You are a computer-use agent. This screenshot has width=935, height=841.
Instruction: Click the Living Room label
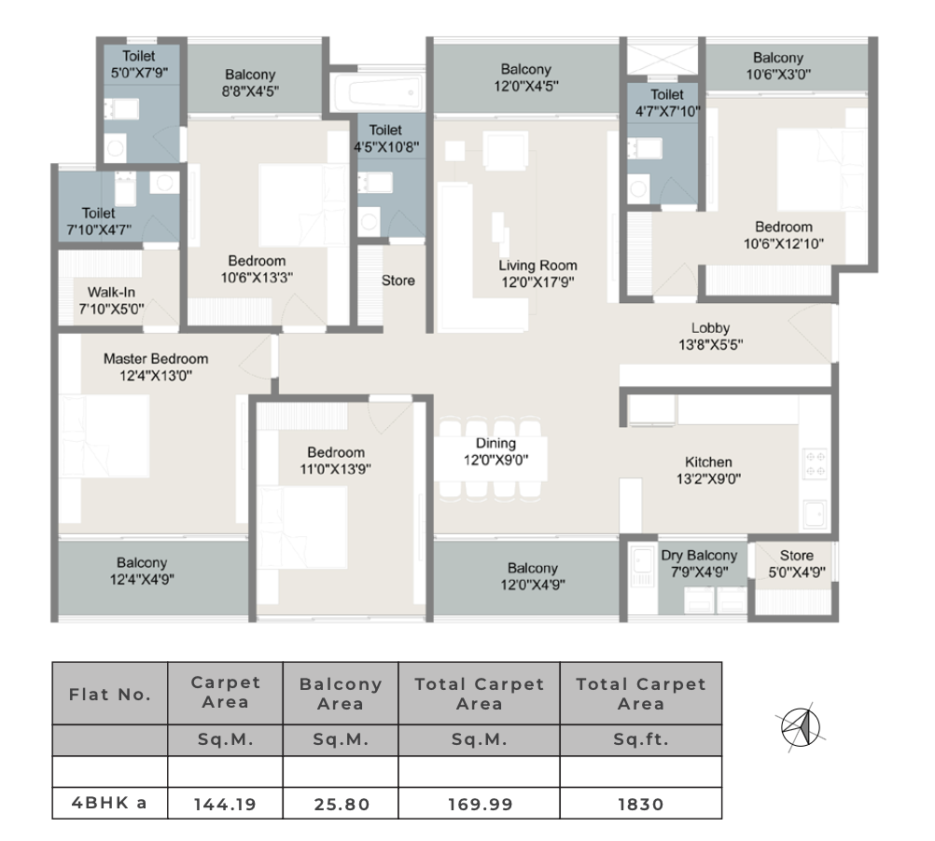(537, 266)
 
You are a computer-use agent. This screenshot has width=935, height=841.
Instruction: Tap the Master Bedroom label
(156, 359)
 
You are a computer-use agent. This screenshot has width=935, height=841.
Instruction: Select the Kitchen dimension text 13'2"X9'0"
(708, 478)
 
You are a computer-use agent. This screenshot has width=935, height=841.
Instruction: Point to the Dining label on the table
(495, 443)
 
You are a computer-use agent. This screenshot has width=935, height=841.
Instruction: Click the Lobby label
(710, 328)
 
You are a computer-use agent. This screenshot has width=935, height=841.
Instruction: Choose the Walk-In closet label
(111, 293)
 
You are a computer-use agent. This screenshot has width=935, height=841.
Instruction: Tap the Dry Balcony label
(699, 555)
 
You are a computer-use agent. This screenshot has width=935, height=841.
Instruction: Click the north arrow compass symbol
(801, 727)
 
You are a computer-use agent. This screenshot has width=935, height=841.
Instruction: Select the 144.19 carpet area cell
(225, 804)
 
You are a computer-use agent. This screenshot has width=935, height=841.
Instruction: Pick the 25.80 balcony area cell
(341, 804)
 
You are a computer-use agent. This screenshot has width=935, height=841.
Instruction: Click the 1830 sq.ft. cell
(641, 804)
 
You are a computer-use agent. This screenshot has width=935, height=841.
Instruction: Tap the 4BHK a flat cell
(110, 803)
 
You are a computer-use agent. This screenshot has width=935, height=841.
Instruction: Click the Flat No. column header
(110, 694)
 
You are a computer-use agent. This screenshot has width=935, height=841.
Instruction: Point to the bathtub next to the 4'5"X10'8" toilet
(378, 93)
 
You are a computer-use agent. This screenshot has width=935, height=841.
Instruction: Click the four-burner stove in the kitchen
(816, 464)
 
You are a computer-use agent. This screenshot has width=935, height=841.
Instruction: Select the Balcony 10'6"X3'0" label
(778, 66)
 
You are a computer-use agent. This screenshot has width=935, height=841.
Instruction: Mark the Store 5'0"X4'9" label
(797, 564)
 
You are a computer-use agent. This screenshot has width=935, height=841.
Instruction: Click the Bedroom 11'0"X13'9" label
(336, 461)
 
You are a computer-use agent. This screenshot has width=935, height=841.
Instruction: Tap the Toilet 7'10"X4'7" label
(98, 222)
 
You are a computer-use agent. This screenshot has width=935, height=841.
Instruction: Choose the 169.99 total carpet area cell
(480, 804)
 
